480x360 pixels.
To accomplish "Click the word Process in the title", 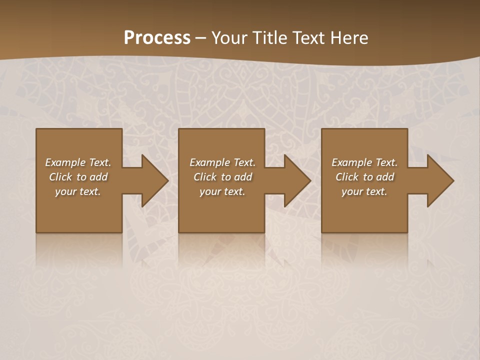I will pos(157,38).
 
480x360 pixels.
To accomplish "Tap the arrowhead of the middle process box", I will pos(296,180).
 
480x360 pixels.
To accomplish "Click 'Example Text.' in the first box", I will pos(78,162).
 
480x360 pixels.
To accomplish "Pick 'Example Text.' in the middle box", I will pos(222,162).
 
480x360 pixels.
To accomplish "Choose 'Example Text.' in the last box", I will pos(364,162).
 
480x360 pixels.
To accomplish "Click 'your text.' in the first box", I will pos(78,191).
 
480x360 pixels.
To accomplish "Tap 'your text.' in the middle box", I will pos(222,191).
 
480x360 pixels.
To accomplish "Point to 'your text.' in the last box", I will pos(364,191).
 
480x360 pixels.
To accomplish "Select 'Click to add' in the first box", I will pos(78,177).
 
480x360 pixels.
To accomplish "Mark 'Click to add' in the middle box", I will pos(222,177).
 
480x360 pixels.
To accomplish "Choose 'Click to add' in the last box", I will pos(364,177).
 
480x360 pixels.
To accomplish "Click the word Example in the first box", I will pos(65,162).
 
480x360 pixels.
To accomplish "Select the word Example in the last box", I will pos(351,162).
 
